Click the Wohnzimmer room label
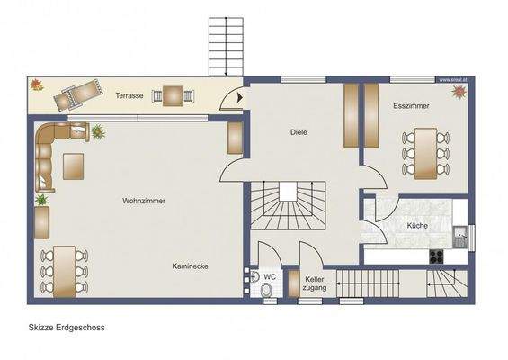pyautogui.click(x=144, y=201)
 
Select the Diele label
pyautogui.click(x=299, y=132)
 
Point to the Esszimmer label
pyautogui.click(x=411, y=106)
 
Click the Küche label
pyautogui.click(x=416, y=225)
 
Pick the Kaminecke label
pyautogui.click(x=191, y=265)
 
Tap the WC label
pyautogui.click(x=270, y=276)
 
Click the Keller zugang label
pyautogui.click(x=314, y=284)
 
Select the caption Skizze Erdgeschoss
pyautogui.click(x=67, y=328)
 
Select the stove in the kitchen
pyautogui.click(x=437, y=255)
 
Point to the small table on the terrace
pyautogui.click(x=172, y=94)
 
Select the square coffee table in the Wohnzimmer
pyautogui.click(x=73, y=166)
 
